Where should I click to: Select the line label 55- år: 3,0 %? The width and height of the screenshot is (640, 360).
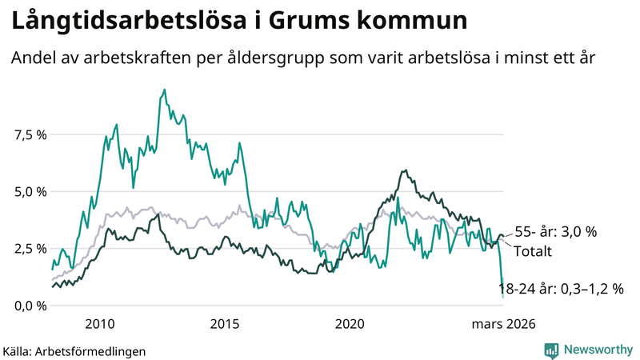click(x=556, y=232)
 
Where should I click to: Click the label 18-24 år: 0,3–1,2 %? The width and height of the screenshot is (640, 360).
click(x=560, y=289)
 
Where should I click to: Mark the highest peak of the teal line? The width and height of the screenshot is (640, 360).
click(x=164, y=90)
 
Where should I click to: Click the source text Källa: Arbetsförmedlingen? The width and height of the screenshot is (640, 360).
click(x=74, y=350)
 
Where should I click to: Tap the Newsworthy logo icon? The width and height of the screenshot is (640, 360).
click(x=551, y=350)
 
